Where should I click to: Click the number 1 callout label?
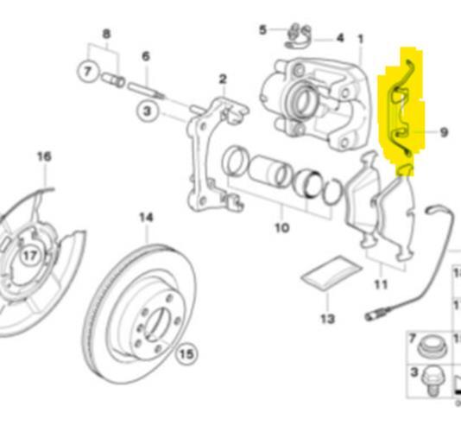(x=360, y=39)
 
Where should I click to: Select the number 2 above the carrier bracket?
(x=222, y=79)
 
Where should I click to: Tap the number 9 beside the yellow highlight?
(x=443, y=132)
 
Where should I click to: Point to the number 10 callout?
(x=281, y=228)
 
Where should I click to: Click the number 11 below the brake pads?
(x=380, y=283)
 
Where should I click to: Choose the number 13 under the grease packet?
(x=326, y=319)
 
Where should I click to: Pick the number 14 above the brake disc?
(x=146, y=218)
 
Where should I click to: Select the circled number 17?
(x=30, y=255)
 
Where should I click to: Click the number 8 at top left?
(x=106, y=35)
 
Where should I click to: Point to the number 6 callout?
(x=146, y=56)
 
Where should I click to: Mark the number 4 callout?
(x=339, y=38)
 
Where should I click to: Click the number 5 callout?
(x=263, y=30)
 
